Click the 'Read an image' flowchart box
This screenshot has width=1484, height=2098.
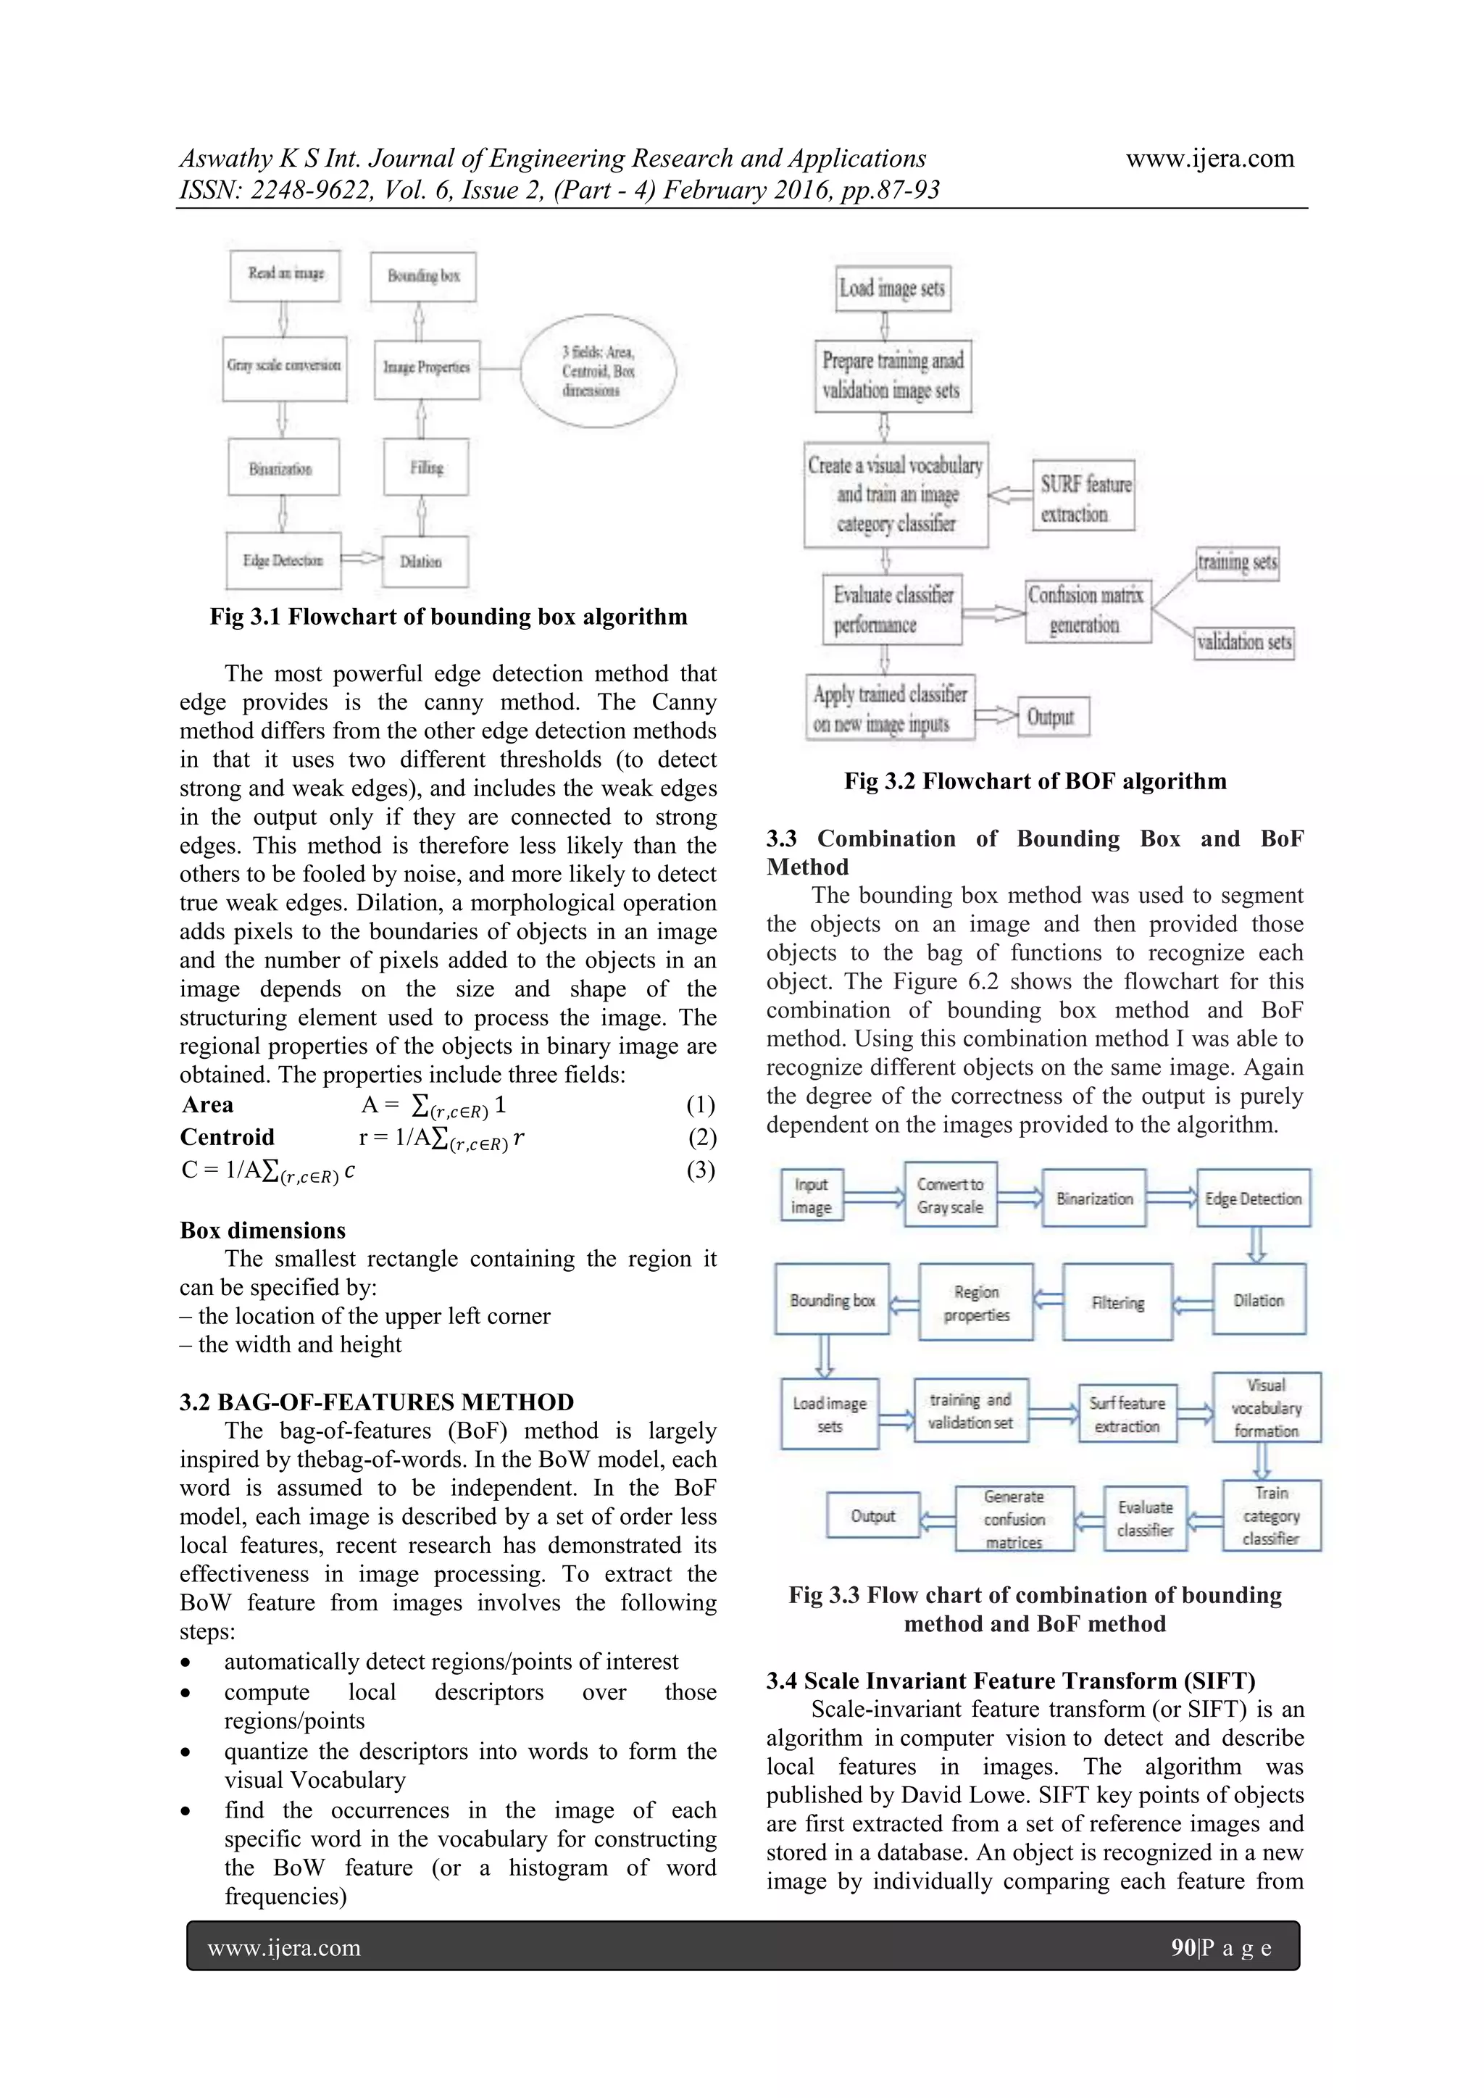point(285,275)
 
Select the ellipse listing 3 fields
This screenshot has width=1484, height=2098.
point(599,371)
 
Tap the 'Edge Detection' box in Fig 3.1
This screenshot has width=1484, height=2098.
point(283,560)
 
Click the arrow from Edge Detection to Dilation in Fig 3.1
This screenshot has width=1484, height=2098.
point(361,557)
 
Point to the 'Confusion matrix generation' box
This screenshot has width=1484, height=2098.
point(1086,610)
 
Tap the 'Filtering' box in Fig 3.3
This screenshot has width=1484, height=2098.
point(1117,1302)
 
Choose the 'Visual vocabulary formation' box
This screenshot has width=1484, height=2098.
point(1267,1408)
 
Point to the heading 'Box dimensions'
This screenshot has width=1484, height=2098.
point(263,1230)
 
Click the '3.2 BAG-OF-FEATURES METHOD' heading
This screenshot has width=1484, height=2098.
point(377,1402)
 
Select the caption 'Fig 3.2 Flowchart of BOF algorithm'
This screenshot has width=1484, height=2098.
point(1035,781)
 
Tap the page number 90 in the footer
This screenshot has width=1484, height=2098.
point(1183,1947)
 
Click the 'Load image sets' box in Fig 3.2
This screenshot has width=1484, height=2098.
point(893,288)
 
